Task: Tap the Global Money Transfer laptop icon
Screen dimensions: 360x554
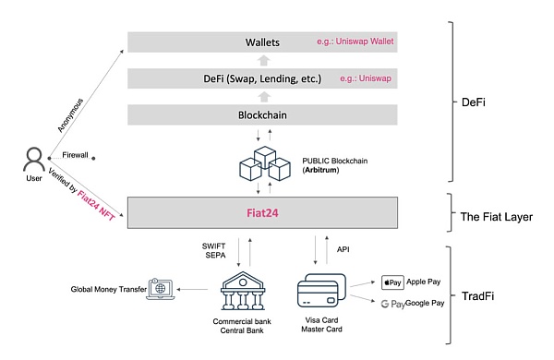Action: tap(158, 290)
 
